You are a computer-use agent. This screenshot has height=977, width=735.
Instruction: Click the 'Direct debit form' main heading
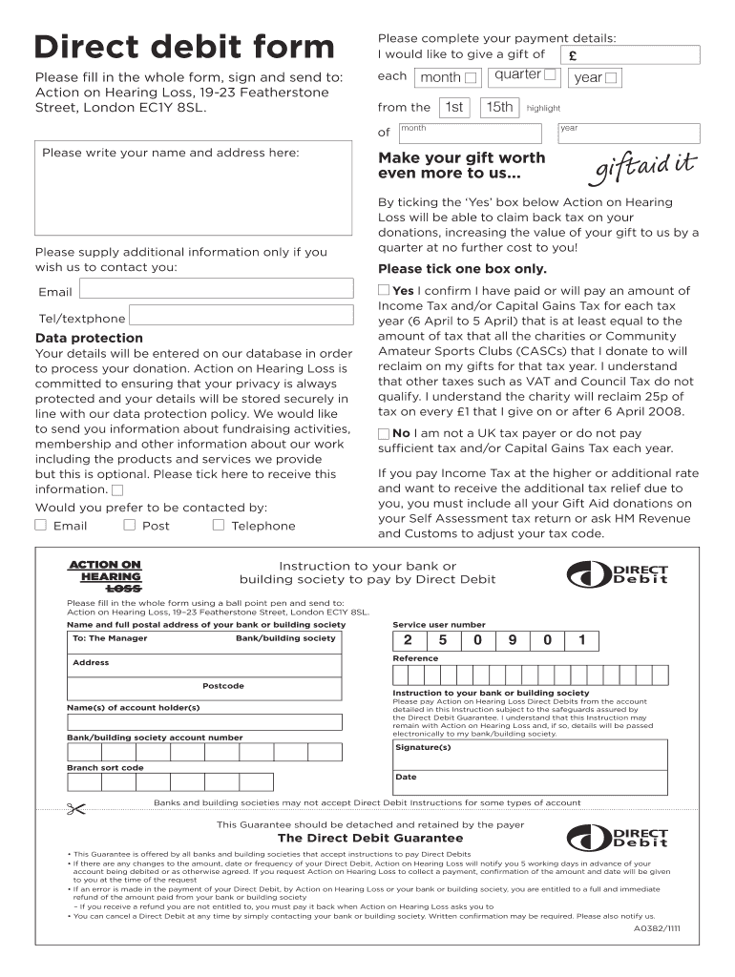click(x=184, y=47)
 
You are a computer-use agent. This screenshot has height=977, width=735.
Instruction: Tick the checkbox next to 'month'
click(x=471, y=78)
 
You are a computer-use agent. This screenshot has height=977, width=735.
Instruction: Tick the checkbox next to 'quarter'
click(x=550, y=74)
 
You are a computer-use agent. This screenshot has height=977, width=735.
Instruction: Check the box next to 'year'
click(x=611, y=78)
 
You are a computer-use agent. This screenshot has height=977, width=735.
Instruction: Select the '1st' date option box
click(x=454, y=108)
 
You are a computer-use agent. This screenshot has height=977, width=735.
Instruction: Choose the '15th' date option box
click(x=498, y=108)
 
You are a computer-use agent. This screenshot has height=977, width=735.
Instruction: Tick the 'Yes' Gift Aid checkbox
click(x=384, y=290)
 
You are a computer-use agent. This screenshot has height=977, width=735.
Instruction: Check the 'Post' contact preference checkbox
click(x=129, y=525)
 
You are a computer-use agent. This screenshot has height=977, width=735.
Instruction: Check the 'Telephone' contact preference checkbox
click(x=218, y=525)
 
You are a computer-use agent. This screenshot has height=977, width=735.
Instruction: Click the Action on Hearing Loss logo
click(x=106, y=576)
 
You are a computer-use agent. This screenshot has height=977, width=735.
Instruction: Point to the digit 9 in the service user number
click(x=513, y=641)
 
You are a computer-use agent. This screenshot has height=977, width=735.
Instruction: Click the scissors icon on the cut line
click(x=76, y=811)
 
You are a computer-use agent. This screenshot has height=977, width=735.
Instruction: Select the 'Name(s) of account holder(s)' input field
click(x=203, y=722)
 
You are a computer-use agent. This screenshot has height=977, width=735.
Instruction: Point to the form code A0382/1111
click(x=657, y=926)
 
